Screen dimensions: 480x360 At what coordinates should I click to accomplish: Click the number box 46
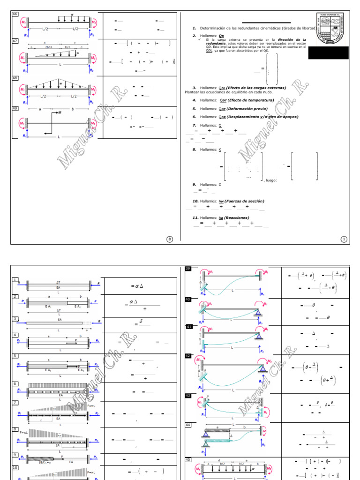pyautogui.click(x=15, y=15)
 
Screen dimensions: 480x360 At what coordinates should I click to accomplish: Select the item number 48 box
pyautogui.click(x=15, y=78)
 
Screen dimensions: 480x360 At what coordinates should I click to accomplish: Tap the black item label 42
pyautogui.click(x=188, y=356)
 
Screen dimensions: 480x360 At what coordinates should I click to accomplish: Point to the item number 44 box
pyautogui.click(x=188, y=425)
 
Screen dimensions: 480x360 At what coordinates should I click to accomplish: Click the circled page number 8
pyautogui.click(x=170, y=239)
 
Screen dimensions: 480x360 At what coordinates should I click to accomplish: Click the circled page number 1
pyautogui.click(x=344, y=239)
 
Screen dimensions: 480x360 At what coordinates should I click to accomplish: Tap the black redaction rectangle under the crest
pyautogui.click(x=329, y=53)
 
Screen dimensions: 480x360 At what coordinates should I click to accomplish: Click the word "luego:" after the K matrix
pyautogui.click(x=271, y=180)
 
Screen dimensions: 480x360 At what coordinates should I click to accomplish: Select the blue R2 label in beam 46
pyautogui.click(x=92, y=35)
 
